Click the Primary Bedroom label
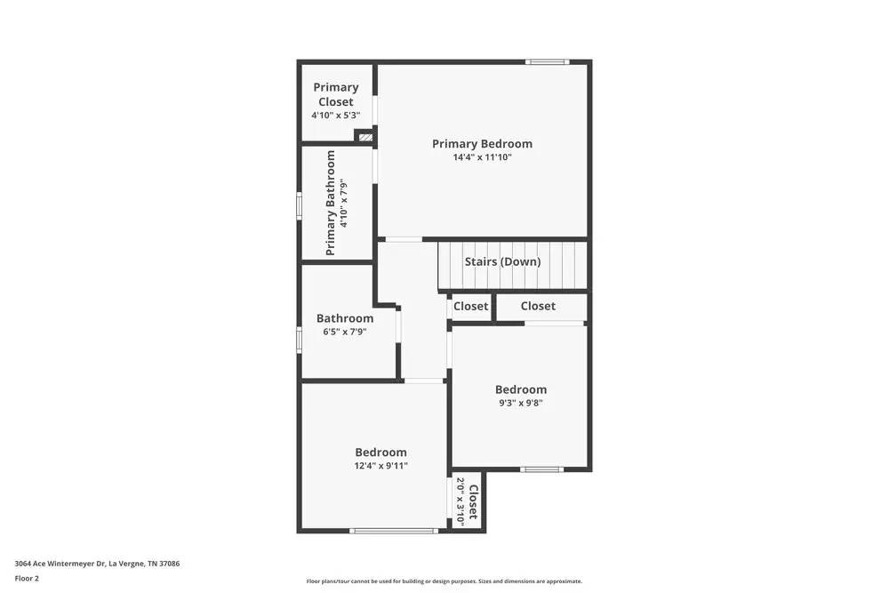tap(482, 143)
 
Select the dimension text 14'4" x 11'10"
tap(482, 157)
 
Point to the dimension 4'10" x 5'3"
tap(336, 116)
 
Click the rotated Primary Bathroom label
tap(331, 203)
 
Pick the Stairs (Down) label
tap(502, 261)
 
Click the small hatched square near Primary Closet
tap(364, 137)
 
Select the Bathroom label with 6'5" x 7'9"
tap(345, 318)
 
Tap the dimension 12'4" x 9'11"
tap(380, 466)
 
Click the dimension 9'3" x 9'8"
tap(520, 403)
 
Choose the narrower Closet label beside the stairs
tap(470, 306)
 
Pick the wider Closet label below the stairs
tap(538, 306)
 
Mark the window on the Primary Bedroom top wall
tap(546, 62)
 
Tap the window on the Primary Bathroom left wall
tap(300, 205)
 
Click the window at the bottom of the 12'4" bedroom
tap(394, 531)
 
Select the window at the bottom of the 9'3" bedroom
tap(541, 469)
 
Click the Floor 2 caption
tap(27, 578)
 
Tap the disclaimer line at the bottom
tap(444, 581)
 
